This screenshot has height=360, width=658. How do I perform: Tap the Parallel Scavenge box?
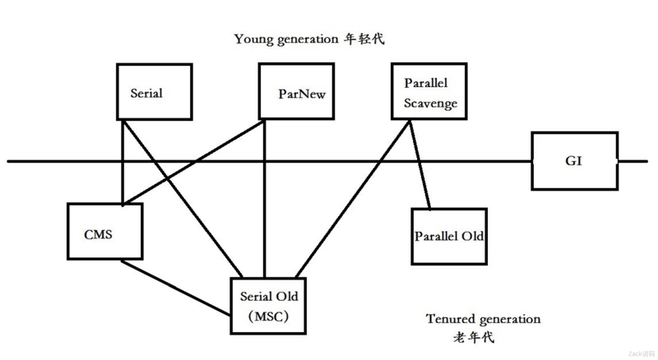[x=425, y=93]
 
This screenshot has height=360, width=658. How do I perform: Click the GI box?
[x=574, y=159]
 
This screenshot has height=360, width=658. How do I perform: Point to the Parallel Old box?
[x=448, y=237]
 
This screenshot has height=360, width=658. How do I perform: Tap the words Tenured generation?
[x=484, y=319]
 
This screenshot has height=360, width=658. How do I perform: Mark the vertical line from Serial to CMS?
[x=123, y=164]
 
